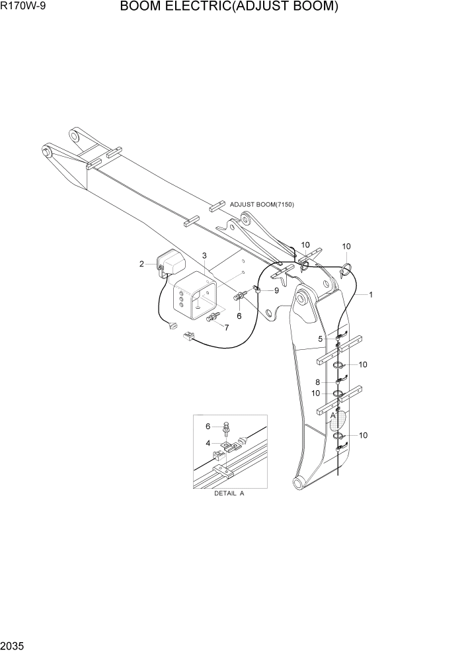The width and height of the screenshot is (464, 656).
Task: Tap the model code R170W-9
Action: coord(24,7)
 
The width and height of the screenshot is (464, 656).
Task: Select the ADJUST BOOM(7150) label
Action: coord(262,204)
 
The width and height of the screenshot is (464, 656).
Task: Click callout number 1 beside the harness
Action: coord(371,295)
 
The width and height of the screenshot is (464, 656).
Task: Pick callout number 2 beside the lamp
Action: coord(141,265)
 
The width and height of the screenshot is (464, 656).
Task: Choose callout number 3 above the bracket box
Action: coord(204,255)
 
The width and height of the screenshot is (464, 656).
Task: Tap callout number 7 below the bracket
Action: coord(227,327)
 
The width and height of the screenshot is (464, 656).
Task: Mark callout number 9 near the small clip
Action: coord(276,290)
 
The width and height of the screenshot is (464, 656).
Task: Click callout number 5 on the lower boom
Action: coord(321,339)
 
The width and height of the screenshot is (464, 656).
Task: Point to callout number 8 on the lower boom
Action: coord(317,382)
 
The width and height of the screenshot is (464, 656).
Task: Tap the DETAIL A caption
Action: coord(229,494)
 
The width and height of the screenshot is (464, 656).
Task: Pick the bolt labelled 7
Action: coord(213,319)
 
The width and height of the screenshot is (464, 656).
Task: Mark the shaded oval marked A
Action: coord(338,421)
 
